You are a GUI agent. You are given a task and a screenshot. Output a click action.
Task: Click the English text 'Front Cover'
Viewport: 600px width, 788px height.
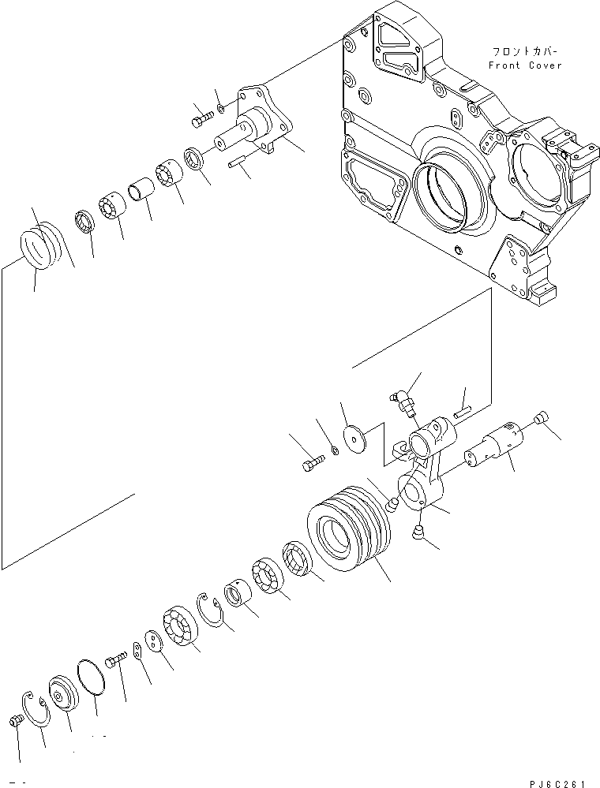pos(525,65)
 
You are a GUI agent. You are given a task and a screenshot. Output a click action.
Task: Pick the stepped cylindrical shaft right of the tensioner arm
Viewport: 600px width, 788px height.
pos(492,445)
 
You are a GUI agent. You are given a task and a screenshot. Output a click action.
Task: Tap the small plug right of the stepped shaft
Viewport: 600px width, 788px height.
pos(540,419)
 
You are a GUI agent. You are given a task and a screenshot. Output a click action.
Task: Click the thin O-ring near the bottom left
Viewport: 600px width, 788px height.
pos(93,678)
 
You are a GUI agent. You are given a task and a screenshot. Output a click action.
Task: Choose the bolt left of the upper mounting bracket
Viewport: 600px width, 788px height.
pos(200,119)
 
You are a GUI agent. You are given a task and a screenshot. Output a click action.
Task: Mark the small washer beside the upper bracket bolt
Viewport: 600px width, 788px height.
pos(220,109)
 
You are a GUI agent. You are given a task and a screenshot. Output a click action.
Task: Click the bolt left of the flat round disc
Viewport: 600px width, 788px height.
pos(313,464)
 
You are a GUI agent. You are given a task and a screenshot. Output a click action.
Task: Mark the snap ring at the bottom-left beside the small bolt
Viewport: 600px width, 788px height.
pos(36,709)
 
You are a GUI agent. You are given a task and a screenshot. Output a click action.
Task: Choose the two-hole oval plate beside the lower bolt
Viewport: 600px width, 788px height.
pos(137,648)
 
